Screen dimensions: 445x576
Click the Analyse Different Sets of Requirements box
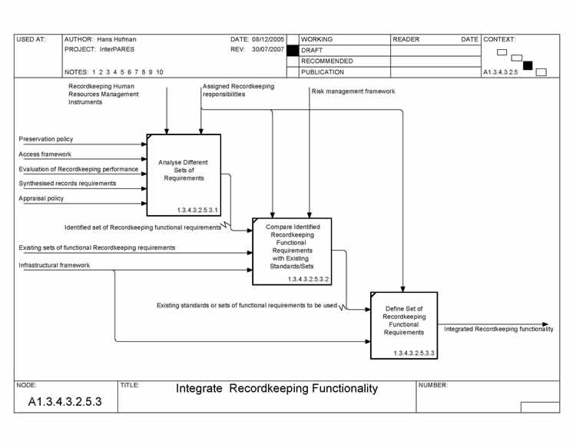click(183, 171)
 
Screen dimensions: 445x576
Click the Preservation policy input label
click(46, 139)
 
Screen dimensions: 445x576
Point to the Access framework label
click(45, 154)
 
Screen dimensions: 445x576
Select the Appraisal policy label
click(41, 198)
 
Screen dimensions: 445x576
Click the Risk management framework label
click(353, 91)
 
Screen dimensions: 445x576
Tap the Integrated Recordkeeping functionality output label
click(498, 329)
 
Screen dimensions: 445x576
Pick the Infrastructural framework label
click(54, 265)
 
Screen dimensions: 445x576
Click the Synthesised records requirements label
click(68, 183)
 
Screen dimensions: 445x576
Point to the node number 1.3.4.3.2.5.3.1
click(197, 208)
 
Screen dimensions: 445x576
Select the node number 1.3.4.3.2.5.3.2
click(309, 279)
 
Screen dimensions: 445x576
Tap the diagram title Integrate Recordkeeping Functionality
click(277, 389)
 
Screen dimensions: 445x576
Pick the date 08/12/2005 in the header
click(268, 39)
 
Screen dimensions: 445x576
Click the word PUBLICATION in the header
click(323, 72)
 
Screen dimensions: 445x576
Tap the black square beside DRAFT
click(292, 50)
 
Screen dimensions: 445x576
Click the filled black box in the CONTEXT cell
click(528, 65)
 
